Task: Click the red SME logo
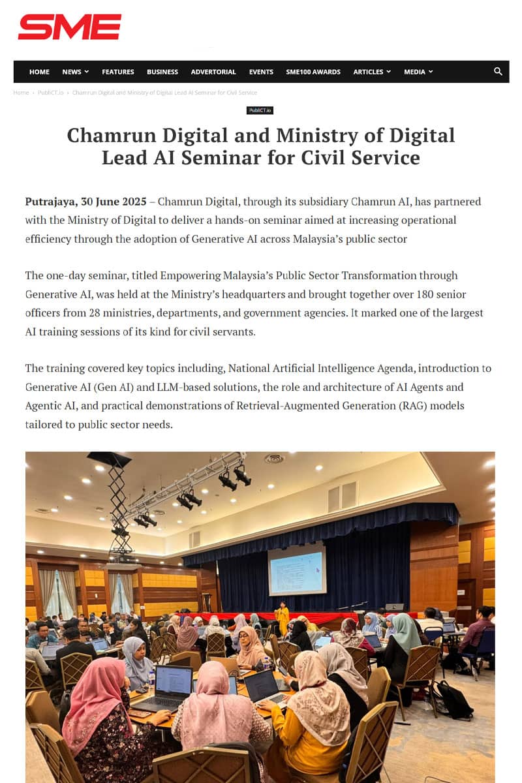pos(69,27)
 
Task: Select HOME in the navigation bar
pos(39,72)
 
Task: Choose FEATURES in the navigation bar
pos(118,72)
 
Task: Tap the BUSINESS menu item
pos(162,72)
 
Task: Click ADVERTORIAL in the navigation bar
pos(213,72)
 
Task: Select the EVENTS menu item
pos(261,72)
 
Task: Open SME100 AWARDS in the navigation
pos(313,72)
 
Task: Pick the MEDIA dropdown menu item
pos(418,72)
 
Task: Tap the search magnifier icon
pos(498,72)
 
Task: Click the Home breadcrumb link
pos(21,93)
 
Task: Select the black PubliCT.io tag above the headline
pos(260,110)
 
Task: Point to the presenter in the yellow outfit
pos(283,619)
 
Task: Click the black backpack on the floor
pos(453,700)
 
